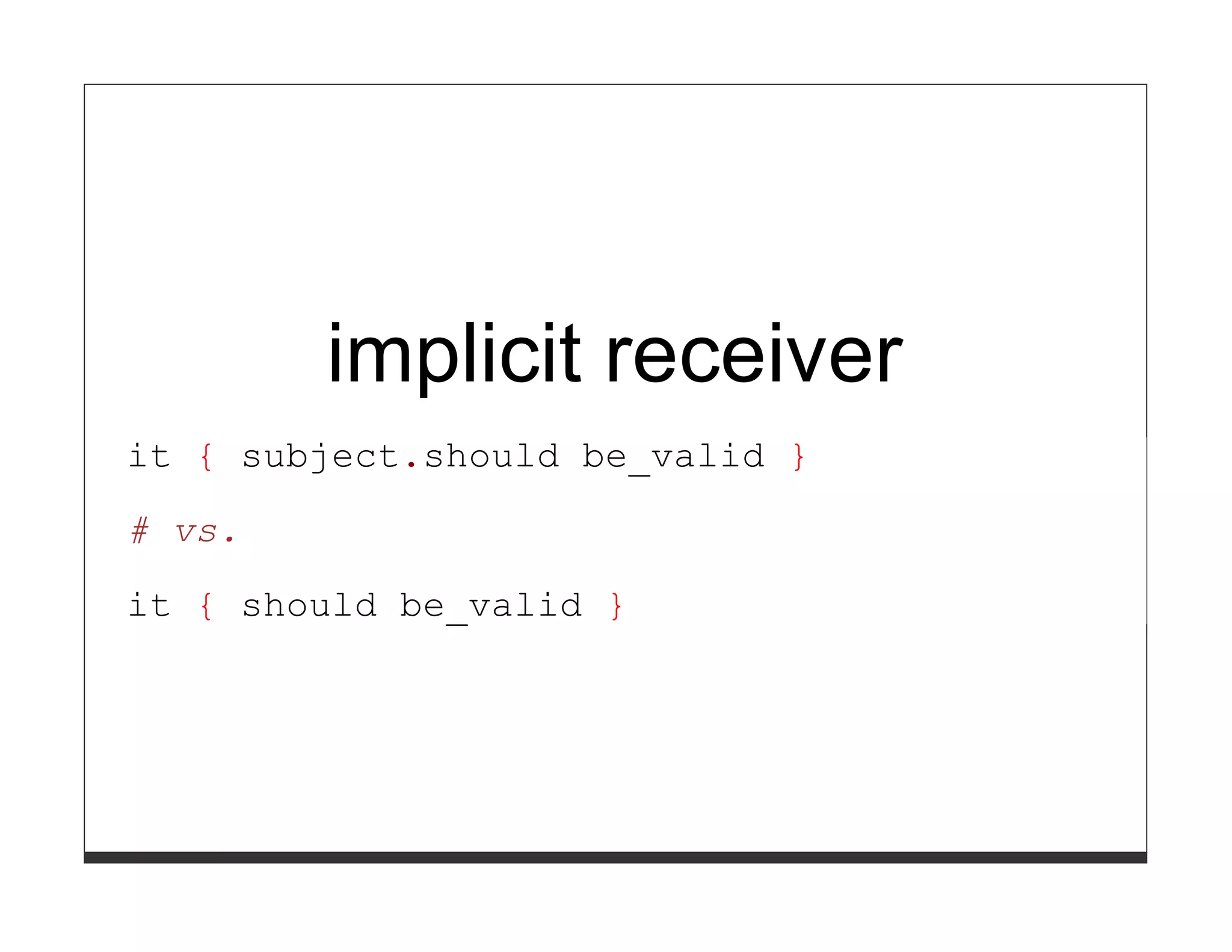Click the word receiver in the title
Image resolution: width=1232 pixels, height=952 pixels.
point(754,355)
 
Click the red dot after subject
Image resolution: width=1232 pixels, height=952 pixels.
point(411,465)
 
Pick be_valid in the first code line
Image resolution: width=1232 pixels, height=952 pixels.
point(673,457)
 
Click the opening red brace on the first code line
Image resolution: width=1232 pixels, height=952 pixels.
point(206,457)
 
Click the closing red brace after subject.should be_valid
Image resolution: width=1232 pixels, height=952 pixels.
point(798,457)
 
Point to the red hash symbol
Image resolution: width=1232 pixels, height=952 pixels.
point(140,531)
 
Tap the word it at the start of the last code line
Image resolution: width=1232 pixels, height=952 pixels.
point(149,605)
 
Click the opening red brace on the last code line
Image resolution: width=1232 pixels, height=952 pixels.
point(206,607)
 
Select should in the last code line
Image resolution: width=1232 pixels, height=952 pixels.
point(309,605)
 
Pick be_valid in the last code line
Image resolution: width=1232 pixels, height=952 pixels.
point(490,607)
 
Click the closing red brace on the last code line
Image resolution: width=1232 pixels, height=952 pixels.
point(616,607)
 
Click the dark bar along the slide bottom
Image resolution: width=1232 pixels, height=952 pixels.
point(615,858)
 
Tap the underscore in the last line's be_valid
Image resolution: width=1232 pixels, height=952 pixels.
point(457,623)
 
